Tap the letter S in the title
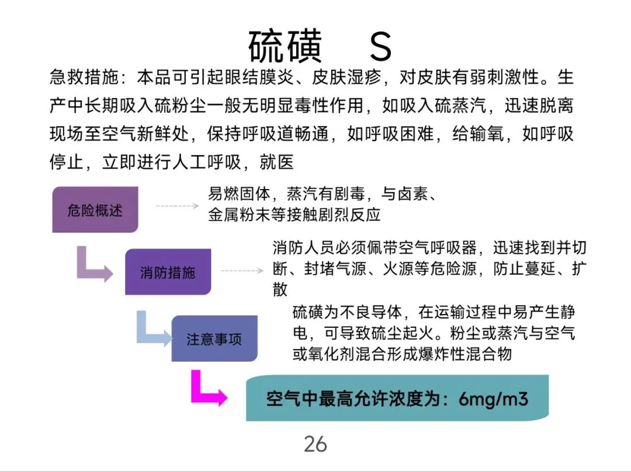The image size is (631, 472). click(x=380, y=47)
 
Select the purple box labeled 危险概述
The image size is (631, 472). click(x=95, y=210)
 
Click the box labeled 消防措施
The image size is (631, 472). click(x=168, y=272)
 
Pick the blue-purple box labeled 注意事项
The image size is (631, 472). click(x=214, y=339)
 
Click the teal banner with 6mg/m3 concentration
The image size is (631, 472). click(x=397, y=398)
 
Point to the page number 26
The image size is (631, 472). click(x=315, y=445)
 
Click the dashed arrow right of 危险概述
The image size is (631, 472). click(x=178, y=206)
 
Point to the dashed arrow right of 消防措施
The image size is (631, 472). click(x=242, y=271)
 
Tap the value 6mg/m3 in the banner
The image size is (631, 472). click(x=494, y=399)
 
